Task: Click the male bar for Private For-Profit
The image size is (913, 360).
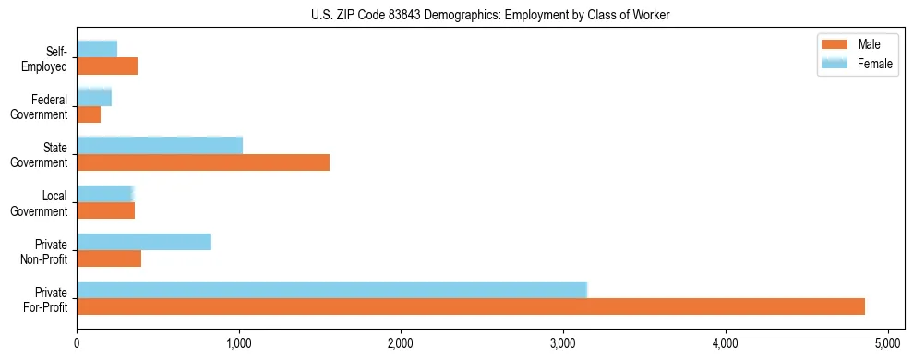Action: click(x=471, y=306)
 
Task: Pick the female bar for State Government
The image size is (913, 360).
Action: click(x=160, y=146)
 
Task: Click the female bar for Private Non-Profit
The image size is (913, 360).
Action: click(x=144, y=242)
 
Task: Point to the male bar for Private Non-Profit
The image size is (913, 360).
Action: click(x=109, y=258)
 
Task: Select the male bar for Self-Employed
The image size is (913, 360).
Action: click(x=107, y=66)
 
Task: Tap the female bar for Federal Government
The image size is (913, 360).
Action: click(x=94, y=97)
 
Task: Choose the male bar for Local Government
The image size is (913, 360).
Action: click(x=106, y=210)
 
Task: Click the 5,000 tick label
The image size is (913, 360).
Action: click(x=887, y=342)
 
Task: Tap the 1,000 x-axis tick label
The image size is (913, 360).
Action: click(x=239, y=342)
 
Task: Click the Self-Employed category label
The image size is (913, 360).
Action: click(x=48, y=59)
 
